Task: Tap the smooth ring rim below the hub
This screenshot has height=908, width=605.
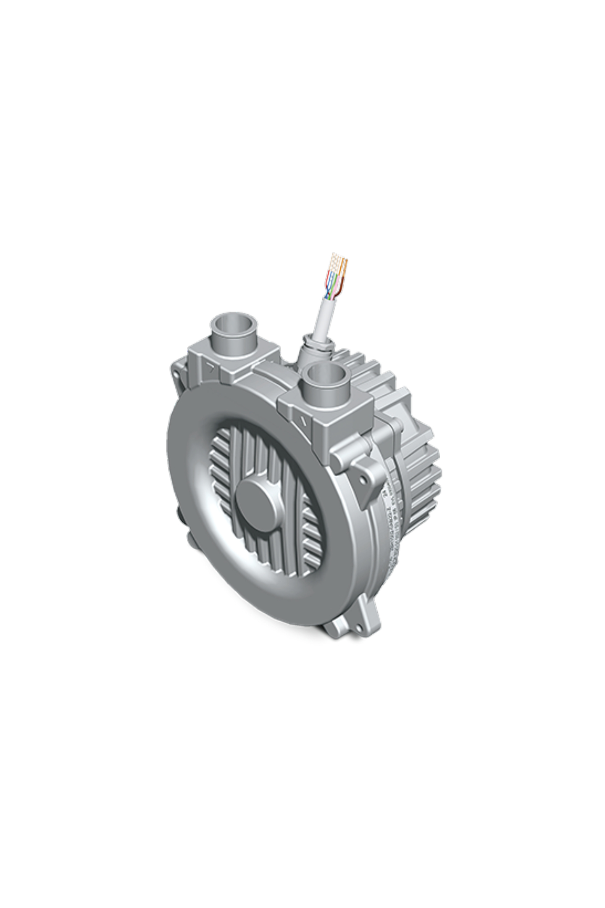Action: click(269, 597)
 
